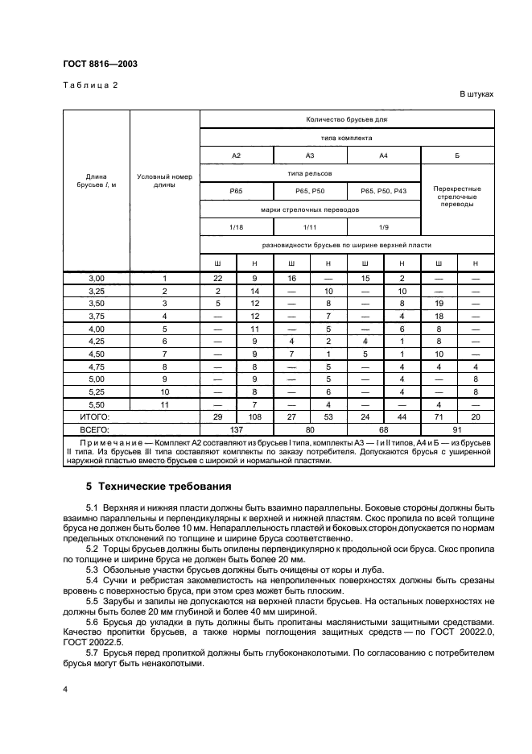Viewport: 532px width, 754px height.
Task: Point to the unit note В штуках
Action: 476,94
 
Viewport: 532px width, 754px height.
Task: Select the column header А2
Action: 237,155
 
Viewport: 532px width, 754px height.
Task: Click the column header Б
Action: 457,155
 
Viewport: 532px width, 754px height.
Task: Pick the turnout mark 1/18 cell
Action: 237,227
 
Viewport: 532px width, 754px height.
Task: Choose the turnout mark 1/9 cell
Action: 383,227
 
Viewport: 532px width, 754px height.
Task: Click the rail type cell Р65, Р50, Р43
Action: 383,191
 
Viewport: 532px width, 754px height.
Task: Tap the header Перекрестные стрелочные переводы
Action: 457,197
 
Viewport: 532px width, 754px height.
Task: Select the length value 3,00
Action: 97,278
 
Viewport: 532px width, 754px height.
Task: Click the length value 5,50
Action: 97,404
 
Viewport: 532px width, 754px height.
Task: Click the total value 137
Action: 237,429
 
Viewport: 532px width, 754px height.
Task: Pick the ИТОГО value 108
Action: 255,416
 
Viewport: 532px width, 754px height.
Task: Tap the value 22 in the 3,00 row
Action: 217,278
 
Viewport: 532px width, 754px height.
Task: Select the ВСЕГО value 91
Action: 457,429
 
